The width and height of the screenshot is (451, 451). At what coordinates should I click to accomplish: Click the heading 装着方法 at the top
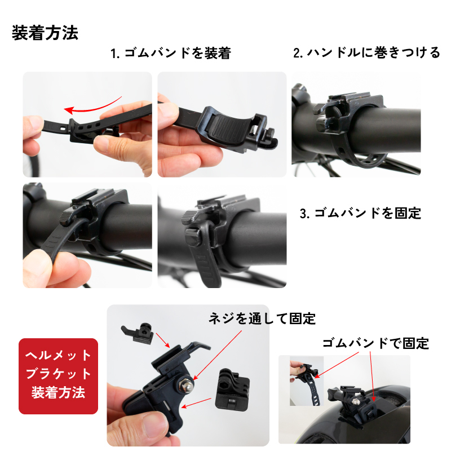45,33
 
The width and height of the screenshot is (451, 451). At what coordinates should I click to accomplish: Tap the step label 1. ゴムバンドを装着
171,53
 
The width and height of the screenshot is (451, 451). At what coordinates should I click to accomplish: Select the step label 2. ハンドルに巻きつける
366,52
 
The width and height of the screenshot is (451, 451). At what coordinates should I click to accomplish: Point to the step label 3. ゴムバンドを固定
360,213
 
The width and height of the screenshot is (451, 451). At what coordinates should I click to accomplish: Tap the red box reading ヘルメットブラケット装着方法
59,376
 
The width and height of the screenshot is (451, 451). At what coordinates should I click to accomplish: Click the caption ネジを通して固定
262,319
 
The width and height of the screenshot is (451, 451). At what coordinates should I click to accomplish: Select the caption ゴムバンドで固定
375,343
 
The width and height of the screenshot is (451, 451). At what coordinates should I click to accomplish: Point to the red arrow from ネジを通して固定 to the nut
218,355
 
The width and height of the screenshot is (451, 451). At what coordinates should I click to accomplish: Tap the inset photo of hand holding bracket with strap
307,381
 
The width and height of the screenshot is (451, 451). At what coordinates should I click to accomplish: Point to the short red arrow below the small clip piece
163,341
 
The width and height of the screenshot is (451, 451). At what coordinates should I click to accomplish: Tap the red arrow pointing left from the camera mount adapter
196,403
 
